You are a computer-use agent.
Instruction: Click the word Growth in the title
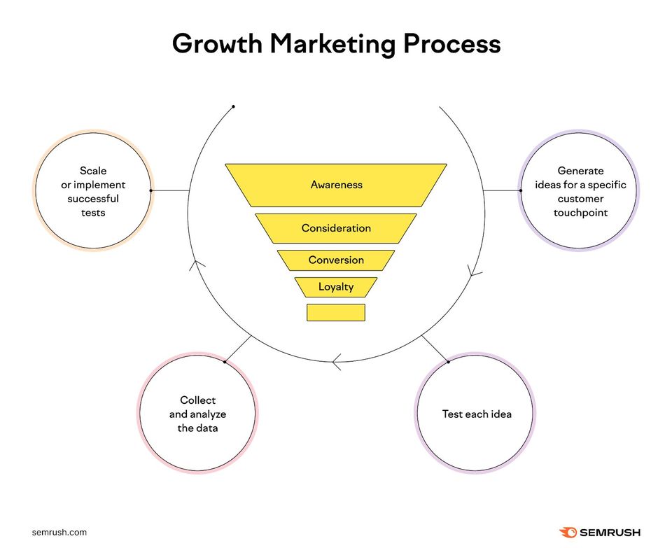click(216, 44)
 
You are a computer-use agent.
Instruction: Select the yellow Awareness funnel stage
click(336, 185)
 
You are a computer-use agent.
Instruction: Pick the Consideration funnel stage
click(336, 228)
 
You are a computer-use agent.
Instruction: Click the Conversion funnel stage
click(336, 260)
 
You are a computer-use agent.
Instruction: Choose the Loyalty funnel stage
click(336, 287)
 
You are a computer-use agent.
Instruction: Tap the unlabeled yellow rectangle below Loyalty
click(336, 312)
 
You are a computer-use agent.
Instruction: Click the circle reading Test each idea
click(477, 414)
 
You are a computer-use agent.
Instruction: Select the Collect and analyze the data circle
click(198, 414)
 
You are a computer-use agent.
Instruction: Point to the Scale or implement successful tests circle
click(92, 191)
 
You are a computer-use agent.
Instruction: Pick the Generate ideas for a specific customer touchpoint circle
click(580, 191)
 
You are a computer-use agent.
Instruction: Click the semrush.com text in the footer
click(59, 532)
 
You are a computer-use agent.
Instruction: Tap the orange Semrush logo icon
click(568, 533)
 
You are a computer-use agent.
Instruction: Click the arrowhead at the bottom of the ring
click(336, 363)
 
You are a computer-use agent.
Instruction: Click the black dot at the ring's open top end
click(233, 107)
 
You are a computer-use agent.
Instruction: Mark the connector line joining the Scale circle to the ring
click(170, 190)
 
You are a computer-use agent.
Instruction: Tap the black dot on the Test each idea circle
click(448, 362)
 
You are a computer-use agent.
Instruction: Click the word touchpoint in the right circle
click(580, 213)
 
